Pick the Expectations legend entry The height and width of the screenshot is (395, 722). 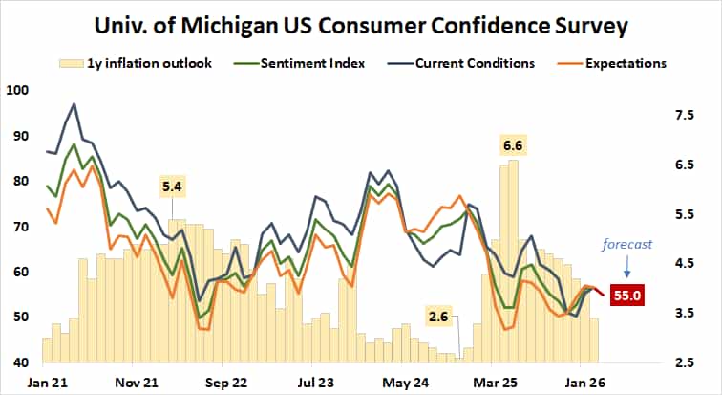621,63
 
